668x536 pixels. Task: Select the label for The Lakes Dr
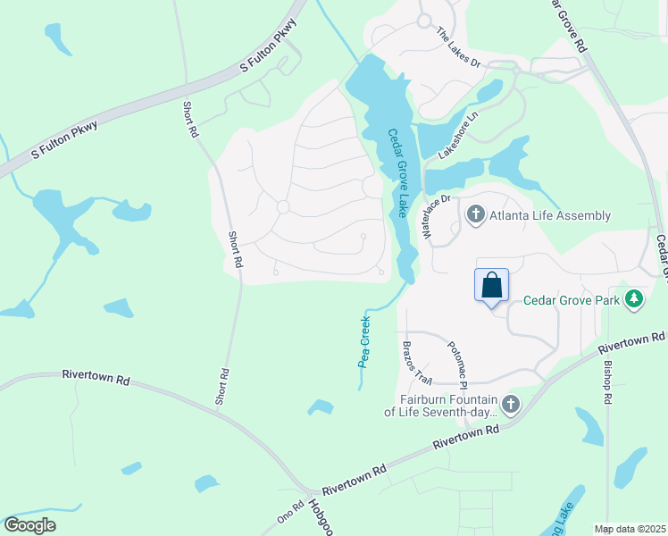coord(458,48)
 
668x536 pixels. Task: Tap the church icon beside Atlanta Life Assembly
coord(475,214)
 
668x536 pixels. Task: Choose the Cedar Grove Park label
coord(571,300)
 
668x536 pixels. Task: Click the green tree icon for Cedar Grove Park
coord(634,298)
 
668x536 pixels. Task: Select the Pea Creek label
coord(364,340)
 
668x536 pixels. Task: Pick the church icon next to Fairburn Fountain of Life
coord(510,406)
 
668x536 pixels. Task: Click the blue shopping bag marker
coord(491,286)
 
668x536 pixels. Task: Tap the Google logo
coord(29,525)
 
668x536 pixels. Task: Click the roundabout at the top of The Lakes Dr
coord(423,21)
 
